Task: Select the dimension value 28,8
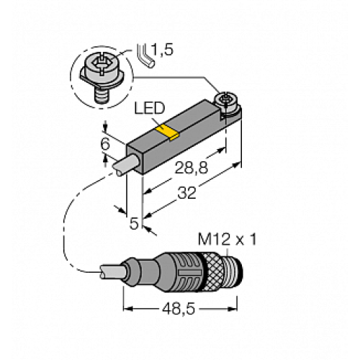coord(190,168)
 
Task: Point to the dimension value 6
coord(105,143)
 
